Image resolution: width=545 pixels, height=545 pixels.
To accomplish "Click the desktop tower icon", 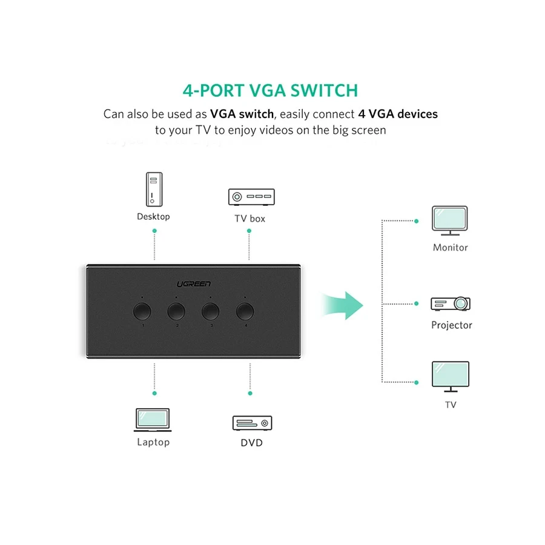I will click(x=154, y=188).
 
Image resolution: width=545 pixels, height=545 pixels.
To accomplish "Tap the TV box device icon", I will click(x=251, y=197).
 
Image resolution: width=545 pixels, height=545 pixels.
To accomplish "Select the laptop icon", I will click(x=153, y=420).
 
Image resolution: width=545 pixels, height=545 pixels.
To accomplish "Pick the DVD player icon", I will click(x=252, y=423).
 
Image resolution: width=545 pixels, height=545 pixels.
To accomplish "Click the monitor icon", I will click(x=450, y=220).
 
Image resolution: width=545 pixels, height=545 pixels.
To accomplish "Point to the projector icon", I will click(x=451, y=303).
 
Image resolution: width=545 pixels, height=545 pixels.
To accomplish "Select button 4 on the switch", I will click(x=245, y=311).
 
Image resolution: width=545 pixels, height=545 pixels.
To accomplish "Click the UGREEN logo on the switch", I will click(x=194, y=283).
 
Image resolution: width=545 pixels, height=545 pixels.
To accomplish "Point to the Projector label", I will click(x=451, y=325).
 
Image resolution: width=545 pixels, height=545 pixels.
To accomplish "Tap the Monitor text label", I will click(x=450, y=248).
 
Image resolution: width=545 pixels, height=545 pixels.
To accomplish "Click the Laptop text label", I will click(x=153, y=442).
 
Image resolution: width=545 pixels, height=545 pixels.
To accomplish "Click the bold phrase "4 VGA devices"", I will click(x=398, y=114).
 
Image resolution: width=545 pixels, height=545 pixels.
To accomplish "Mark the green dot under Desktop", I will click(x=154, y=232).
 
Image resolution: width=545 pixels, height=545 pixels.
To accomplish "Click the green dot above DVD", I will click(x=250, y=392).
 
